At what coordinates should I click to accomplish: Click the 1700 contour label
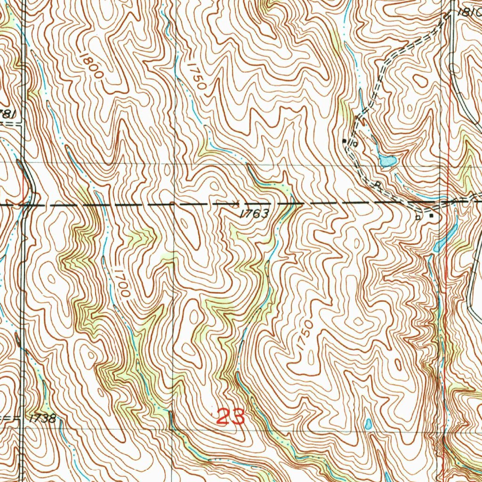pyautogui.click(x=120, y=282)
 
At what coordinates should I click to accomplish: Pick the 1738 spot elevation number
pyautogui.click(x=42, y=418)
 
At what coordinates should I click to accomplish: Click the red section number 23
pyautogui.click(x=231, y=417)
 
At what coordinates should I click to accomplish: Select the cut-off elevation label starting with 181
pyautogui.click(x=468, y=13)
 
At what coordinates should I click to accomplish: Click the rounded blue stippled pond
pyautogui.click(x=387, y=162)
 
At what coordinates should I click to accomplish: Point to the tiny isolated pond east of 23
pyautogui.click(x=368, y=425)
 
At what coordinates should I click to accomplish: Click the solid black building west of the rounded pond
pyautogui.click(x=345, y=140)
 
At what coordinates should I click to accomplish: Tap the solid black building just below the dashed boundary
pyautogui.click(x=432, y=216)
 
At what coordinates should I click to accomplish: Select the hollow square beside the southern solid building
pyautogui.click(x=418, y=217)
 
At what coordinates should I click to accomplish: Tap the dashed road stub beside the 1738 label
pyautogui.click(x=9, y=418)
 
